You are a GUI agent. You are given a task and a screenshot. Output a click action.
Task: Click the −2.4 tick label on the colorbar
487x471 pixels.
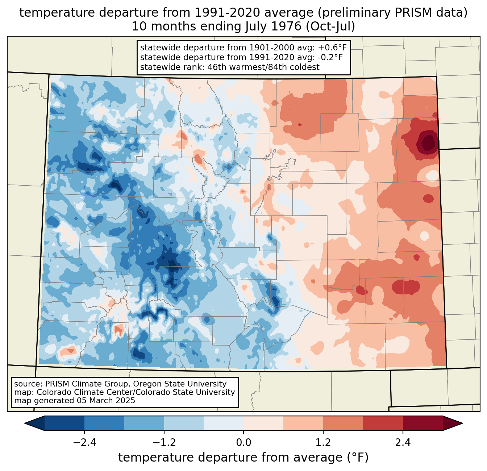[x=84, y=443]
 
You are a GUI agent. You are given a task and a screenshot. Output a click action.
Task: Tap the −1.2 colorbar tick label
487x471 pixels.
[x=164, y=443]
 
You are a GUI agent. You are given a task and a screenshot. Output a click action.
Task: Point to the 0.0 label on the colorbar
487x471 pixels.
[x=243, y=443]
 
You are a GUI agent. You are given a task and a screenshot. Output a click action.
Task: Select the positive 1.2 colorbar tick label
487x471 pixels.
[x=323, y=443]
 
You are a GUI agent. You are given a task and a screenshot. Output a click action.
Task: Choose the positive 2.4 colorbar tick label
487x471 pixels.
[x=403, y=443]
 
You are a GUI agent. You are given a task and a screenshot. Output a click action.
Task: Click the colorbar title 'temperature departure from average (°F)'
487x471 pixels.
[x=243, y=458]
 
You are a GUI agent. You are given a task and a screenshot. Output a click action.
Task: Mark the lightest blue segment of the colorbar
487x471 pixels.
[x=224, y=423]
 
